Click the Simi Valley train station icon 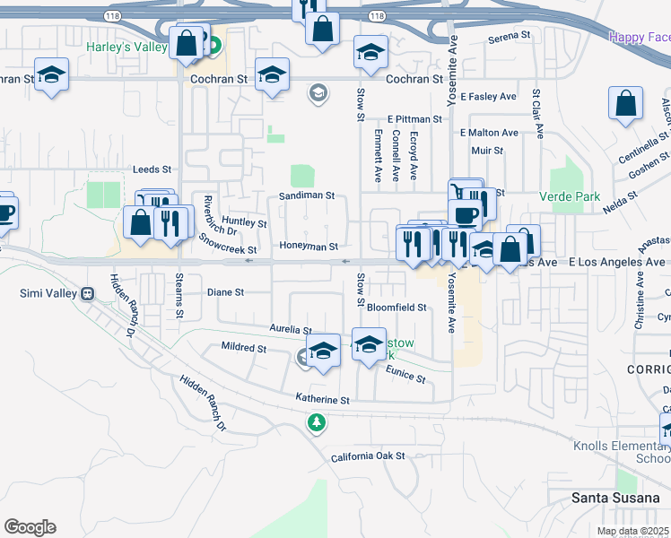[x=88, y=293]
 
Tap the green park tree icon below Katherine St [x=316, y=421]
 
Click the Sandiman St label [x=306, y=195]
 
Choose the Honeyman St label [x=309, y=247]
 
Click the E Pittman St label [x=414, y=118]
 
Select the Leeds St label [x=152, y=169]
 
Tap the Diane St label [x=225, y=292]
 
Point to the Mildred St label [x=244, y=346]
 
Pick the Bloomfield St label [x=396, y=307]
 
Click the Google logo [x=30, y=526]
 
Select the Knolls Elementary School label [x=623, y=452]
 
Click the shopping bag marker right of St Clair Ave [x=624, y=104]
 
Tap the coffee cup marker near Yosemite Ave [x=464, y=215]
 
